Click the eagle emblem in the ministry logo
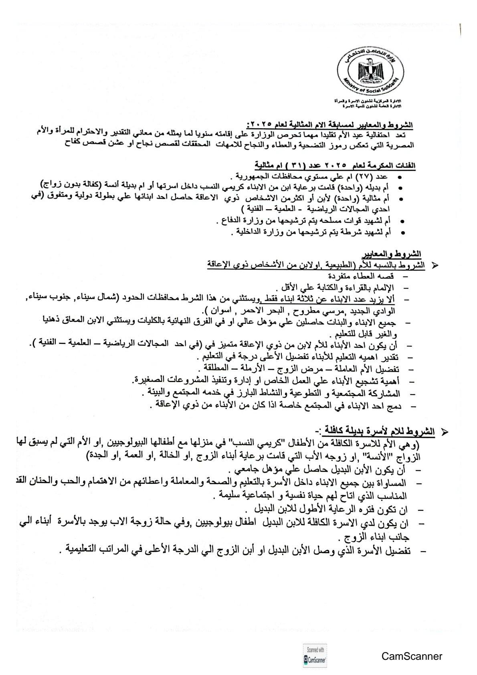[370, 73]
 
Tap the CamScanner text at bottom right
[412, 656]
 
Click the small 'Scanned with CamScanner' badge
[315, 656]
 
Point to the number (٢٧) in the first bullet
[366, 177]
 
